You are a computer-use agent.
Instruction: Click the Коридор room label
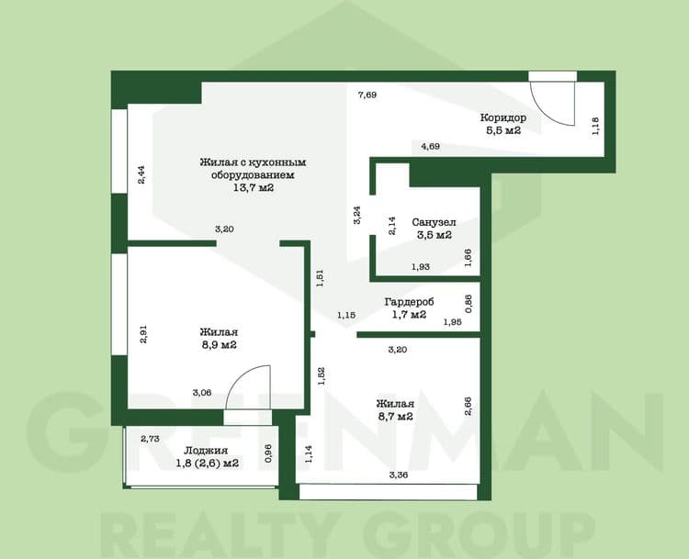tap(503, 117)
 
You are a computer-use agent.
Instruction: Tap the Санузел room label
tap(434, 222)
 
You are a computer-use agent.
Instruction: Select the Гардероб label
tap(409, 302)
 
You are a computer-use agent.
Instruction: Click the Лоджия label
tap(206, 451)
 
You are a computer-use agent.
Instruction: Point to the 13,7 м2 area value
tap(254, 188)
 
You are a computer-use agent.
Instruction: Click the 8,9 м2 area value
tap(220, 345)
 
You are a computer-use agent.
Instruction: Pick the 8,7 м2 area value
tap(395, 417)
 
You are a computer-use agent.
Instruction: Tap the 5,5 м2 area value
tap(503, 130)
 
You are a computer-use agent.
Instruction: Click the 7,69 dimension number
tap(367, 95)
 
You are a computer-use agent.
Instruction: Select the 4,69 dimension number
tap(431, 146)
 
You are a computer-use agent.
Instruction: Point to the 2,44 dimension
tap(141, 174)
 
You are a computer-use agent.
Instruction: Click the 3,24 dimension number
tap(357, 216)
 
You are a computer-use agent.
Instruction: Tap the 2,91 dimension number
tap(142, 334)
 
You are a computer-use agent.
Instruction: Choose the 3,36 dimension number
tap(399, 475)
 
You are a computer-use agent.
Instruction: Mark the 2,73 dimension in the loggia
tap(150, 438)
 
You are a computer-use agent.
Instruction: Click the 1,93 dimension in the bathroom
tap(421, 266)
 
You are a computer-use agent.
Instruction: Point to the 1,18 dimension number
tap(595, 126)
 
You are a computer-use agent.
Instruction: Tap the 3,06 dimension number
tap(202, 393)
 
